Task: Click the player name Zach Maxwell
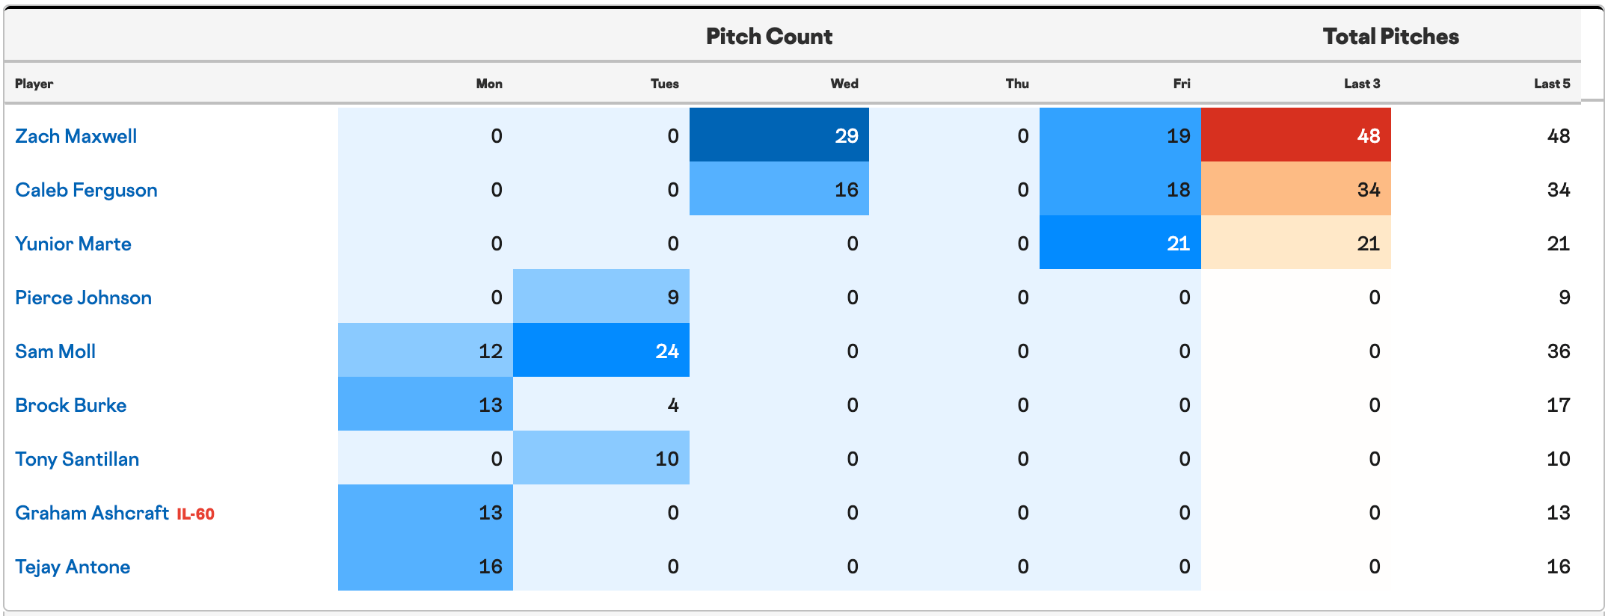(x=76, y=136)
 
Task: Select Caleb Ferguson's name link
(x=86, y=190)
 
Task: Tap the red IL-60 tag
(x=195, y=514)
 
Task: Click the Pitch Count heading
(x=769, y=36)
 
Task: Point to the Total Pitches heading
(x=1390, y=36)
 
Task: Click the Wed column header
(x=844, y=84)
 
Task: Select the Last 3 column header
(x=1362, y=84)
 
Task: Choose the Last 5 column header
(x=1552, y=84)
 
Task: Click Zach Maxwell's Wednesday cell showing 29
(x=779, y=135)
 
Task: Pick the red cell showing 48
(x=1296, y=135)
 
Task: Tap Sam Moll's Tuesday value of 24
(x=601, y=350)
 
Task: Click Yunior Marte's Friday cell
(x=1120, y=242)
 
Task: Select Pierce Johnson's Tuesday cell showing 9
(x=601, y=296)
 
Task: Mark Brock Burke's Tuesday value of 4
(x=601, y=404)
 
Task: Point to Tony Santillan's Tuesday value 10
(x=601, y=458)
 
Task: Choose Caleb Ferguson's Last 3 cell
(x=1296, y=188)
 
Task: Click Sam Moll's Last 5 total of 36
(x=1559, y=351)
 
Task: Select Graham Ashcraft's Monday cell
(x=426, y=511)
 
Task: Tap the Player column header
(x=34, y=84)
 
